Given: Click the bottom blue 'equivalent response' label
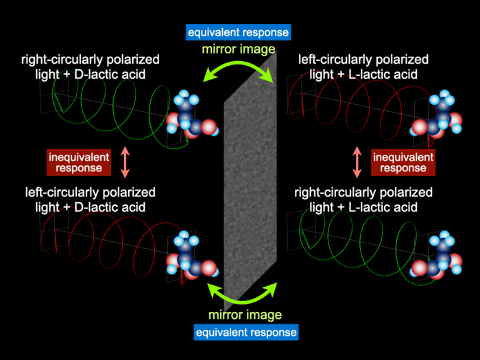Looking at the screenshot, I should point(246,333).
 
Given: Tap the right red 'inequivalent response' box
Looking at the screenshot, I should point(403,161).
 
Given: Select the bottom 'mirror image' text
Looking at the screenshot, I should point(246,315).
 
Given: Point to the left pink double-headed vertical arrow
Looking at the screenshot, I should point(124,161).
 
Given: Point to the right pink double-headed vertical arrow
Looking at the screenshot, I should point(357,161).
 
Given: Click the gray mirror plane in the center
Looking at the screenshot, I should point(250,182).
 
